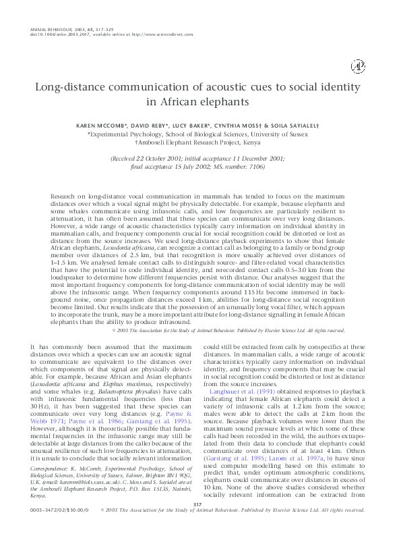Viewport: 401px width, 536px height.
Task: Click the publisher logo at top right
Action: point(357,65)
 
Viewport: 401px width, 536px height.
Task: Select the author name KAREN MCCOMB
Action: point(111,126)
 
